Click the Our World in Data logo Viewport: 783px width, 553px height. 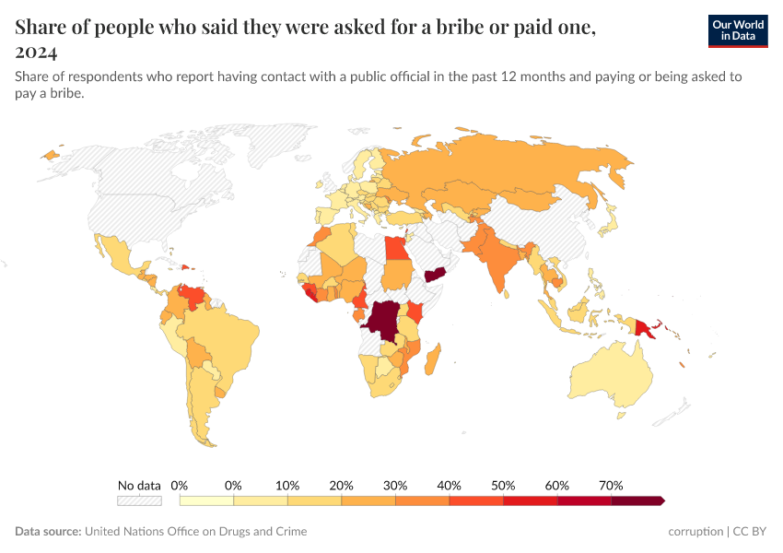[x=737, y=30]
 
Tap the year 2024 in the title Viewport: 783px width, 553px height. [x=36, y=52]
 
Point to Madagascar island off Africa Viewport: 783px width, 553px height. [x=431, y=359]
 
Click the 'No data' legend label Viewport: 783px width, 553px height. [x=139, y=485]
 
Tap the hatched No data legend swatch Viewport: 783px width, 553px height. [x=139, y=500]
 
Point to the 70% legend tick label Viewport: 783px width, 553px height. [x=611, y=485]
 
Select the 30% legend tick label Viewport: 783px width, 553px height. [x=395, y=485]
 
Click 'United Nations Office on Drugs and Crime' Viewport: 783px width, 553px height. [x=195, y=532]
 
